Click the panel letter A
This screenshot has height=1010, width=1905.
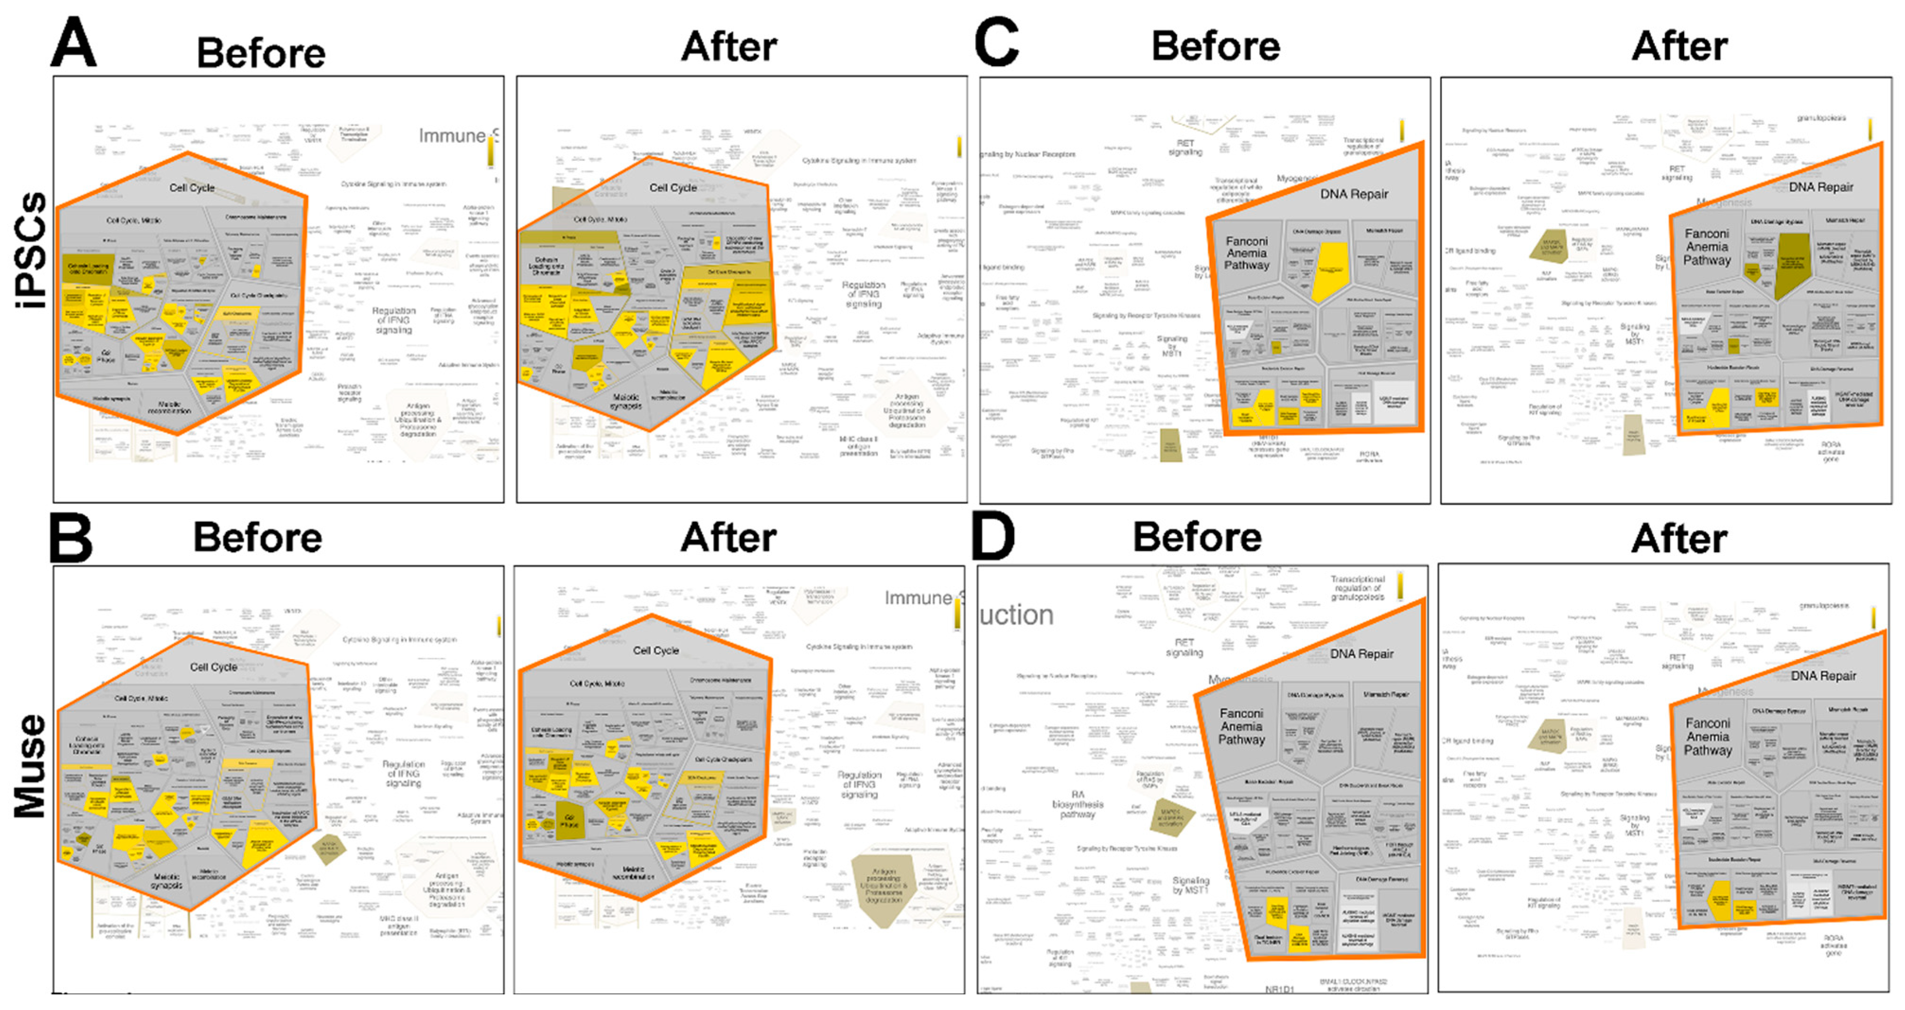coord(73,43)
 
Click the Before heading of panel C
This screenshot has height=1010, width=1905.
coord(1215,46)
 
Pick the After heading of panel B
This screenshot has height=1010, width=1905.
coord(729,537)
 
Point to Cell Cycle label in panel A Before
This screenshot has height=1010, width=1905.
coord(192,188)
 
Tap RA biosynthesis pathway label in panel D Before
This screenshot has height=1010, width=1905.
coord(1078,804)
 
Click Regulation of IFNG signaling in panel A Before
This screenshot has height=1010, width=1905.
coord(394,320)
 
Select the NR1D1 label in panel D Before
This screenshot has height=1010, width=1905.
coord(1279,989)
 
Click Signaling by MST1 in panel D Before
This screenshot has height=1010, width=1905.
coord(1191,885)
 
